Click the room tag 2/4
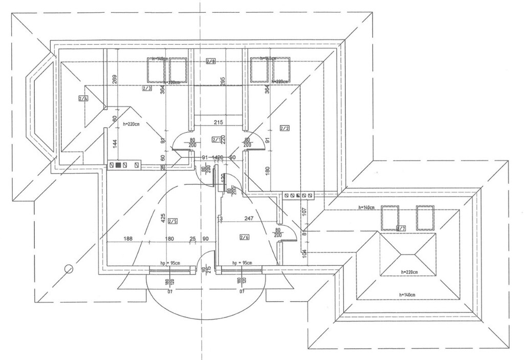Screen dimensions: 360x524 click(x=83, y=98)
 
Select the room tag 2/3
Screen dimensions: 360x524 click(x=147, y=89)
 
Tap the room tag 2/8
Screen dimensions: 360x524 click(x=211, y=61)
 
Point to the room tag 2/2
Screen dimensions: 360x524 click(x=285, y=128)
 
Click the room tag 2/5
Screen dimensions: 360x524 click(x=172, y=221)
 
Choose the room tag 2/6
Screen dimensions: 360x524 click(x=244, y=237)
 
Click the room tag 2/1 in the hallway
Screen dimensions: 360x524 click(x=216, y=140)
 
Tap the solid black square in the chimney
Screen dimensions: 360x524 click(x=119, y=165)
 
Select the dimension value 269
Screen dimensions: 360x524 click(x=115, y=79)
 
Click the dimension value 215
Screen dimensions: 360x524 click(x=217, y=123)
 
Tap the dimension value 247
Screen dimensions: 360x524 click(x=249, y=219)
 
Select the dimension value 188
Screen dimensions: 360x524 click(x=128, y=238)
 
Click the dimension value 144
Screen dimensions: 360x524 click(x=115, y=145)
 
